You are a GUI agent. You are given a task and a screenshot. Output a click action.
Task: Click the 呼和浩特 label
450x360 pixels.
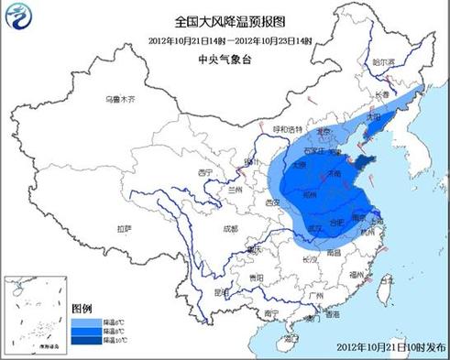(288, 129)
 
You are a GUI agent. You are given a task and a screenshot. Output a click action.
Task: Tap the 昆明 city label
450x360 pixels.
(218, 291)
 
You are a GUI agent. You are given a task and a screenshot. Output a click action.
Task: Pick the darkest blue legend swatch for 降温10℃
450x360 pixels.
(81, 340)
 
